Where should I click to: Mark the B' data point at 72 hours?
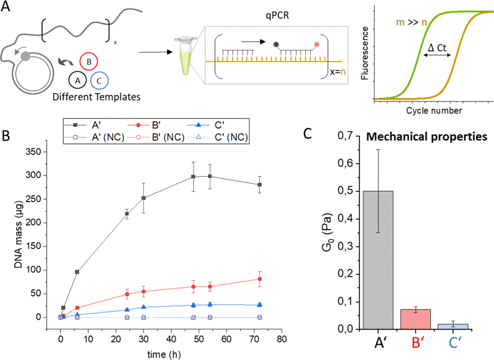(x=260, y=279)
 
